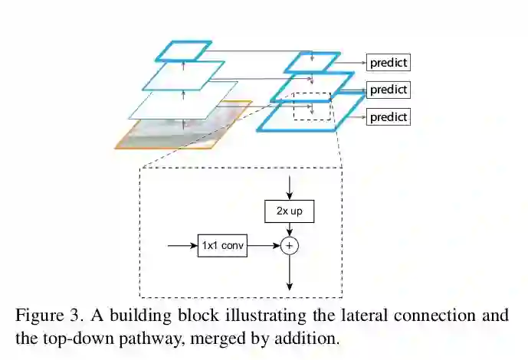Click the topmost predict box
tap(389, 63)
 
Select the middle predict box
tap(389, 90)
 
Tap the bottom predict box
tap(389, 117)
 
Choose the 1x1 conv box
tap(222, 246)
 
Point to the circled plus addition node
tap(290, 246)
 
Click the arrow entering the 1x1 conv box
tap(182, 246)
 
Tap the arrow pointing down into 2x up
tap(290, 187)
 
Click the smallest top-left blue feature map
tap(183, 51)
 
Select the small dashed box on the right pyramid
tap(312, 106)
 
